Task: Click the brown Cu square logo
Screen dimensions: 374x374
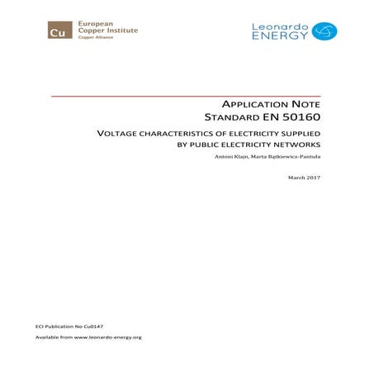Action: click(x=58, y=31)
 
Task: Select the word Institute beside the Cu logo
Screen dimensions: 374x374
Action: click(x=121, y=31)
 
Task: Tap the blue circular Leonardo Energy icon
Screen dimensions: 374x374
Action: click(x=324, y=31)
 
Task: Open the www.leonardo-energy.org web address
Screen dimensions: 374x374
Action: click(x=108, y=338)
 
